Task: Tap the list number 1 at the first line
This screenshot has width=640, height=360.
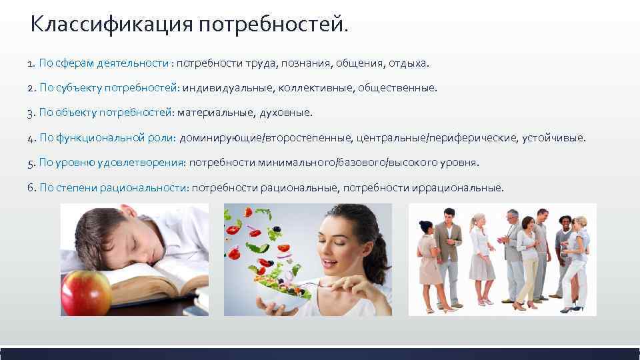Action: coord(31,63)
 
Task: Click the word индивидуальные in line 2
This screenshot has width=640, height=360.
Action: coord(223,88)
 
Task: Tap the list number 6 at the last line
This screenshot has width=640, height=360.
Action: coord(31,187)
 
